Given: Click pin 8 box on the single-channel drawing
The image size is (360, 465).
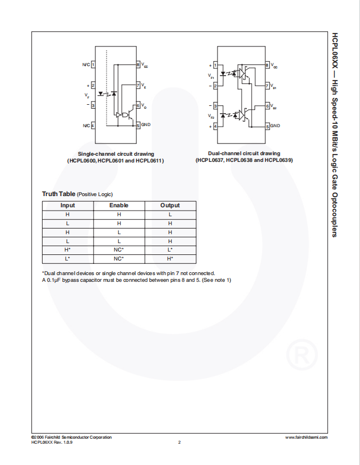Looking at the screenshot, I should point(138,65).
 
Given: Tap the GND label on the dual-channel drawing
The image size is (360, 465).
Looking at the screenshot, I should point(275,125).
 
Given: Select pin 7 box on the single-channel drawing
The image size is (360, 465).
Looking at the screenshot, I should point(138,85).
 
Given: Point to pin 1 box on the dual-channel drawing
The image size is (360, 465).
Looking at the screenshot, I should point(215,66).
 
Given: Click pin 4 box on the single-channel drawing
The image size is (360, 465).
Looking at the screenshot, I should point(93,125).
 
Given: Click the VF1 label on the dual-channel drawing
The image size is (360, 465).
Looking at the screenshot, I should point(211,76).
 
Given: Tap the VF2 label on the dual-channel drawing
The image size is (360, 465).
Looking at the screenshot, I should point(211,117).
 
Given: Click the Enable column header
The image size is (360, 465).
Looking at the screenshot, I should point(119,206).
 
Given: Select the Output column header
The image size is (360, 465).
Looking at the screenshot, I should point(170,206).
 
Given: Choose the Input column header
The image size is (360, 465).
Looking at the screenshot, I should point(67,206).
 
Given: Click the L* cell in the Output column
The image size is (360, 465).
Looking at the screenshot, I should point(170,250).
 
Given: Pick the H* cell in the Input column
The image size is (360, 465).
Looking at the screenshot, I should point(67,250).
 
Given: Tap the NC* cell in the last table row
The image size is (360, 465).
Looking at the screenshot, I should point(119,259).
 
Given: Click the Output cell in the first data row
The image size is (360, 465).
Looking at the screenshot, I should point(170,215).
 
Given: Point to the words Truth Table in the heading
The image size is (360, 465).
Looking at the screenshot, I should point(58,194).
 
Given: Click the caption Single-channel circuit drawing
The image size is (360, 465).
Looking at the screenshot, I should point(116,154).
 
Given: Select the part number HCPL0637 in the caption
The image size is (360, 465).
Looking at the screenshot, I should point(210,160).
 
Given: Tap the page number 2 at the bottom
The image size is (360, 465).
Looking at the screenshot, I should point(179,443).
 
